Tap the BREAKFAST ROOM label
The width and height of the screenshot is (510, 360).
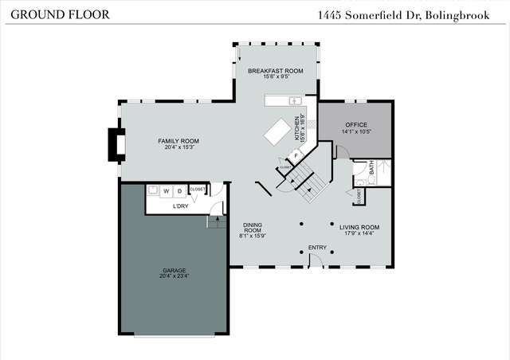(275, 71)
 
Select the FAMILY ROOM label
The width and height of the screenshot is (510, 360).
(178, 141)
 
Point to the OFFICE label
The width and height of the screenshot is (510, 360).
(355, 124)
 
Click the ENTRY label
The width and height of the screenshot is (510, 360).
(317, 248)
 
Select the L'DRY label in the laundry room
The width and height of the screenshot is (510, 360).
(181, 206)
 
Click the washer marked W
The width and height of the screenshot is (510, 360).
(166, 191)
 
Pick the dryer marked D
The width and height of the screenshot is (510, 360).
(179, 191)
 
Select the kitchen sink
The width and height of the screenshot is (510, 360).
(293, 102)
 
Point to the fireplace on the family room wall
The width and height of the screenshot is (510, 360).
(118, 144)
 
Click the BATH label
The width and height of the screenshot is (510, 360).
(369, 169)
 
